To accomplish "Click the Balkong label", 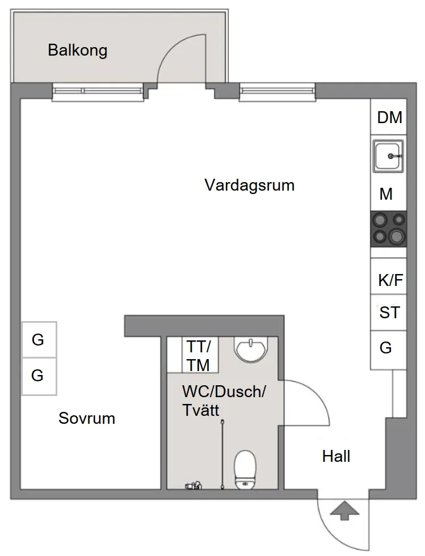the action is (x=77, y=50).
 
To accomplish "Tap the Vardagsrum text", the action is (x=250, y=185).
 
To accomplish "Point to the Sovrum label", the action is (x=87, y=419).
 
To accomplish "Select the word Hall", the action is (x=336, y=456).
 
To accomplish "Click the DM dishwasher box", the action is (x=389, y=117).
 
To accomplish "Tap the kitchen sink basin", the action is (x=388, y=155).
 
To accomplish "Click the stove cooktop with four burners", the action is (x=389, y=229).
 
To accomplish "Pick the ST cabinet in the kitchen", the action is (x=389, y=313).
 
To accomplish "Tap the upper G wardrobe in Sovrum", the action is (x=39, y=340).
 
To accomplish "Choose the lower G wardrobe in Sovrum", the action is (x=39, y=376).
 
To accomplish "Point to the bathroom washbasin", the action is (x=250, y=349).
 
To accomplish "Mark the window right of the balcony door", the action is (x=277, y=92).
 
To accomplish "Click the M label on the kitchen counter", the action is (x=386, y=194).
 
